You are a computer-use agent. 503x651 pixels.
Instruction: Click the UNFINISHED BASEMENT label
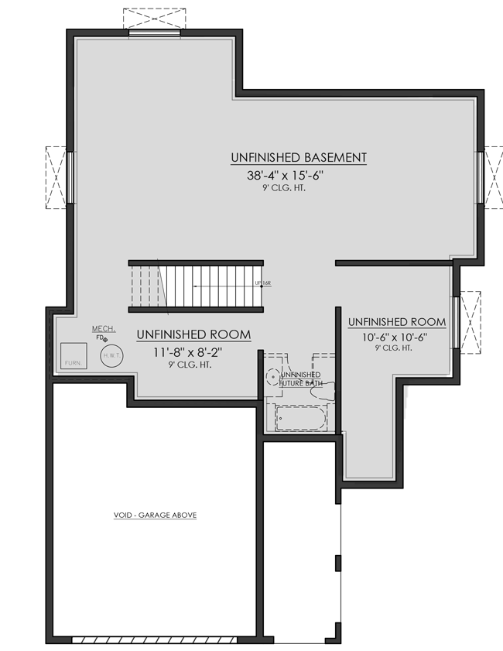298,158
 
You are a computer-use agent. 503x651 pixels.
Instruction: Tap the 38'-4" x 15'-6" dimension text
284,176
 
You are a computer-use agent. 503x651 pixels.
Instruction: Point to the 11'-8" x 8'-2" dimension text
193,351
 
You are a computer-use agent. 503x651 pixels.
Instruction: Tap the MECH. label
103,329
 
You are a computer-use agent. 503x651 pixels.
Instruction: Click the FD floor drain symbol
104,339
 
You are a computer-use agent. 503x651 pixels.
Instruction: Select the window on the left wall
70,177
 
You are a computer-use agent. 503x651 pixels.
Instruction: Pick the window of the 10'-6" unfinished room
457,320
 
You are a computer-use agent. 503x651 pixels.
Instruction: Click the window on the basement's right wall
481,177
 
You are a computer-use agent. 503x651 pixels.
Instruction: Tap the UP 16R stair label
262,284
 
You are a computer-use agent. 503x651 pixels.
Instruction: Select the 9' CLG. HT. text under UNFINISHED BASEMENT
284,187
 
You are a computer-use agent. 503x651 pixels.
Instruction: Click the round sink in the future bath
272,377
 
